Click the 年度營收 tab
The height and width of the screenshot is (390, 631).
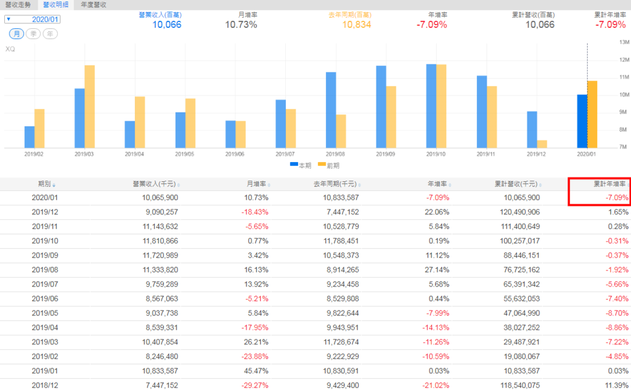[94, 4]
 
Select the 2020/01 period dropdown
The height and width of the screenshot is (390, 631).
[33, 19]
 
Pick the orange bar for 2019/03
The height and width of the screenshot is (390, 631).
[89, 106]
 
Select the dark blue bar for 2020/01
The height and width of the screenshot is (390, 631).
[582, 121]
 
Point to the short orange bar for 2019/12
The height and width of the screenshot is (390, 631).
[542, 144]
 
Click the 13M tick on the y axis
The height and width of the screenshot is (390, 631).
[624, 43]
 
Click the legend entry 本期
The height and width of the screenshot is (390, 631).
[300, 165]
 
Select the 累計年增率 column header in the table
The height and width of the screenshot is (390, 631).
[609, 184]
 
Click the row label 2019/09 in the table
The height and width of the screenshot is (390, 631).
[44, 254]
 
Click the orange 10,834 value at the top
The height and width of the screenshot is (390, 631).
[357, 25]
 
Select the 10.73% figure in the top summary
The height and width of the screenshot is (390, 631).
[241, 25]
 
